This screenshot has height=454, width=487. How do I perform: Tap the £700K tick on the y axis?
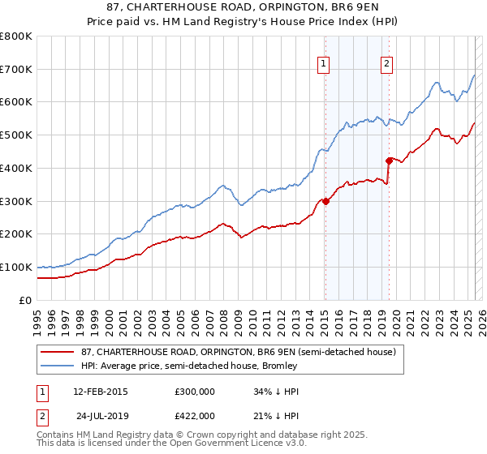point(16,69)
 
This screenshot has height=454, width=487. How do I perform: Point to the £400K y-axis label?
point(16,168)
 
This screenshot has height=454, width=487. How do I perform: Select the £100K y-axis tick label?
point(16,267)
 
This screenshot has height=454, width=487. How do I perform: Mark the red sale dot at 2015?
point(325,201)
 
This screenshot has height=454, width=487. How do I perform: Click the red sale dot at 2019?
point(389,161)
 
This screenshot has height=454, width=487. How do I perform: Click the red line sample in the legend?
point(58,352)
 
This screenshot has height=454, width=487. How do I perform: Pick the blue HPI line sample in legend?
point(58,366)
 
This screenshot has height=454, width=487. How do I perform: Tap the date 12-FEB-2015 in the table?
point(101,392)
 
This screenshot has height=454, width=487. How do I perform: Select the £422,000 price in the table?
point(195,415)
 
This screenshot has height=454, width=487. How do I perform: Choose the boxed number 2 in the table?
point(41,415)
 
